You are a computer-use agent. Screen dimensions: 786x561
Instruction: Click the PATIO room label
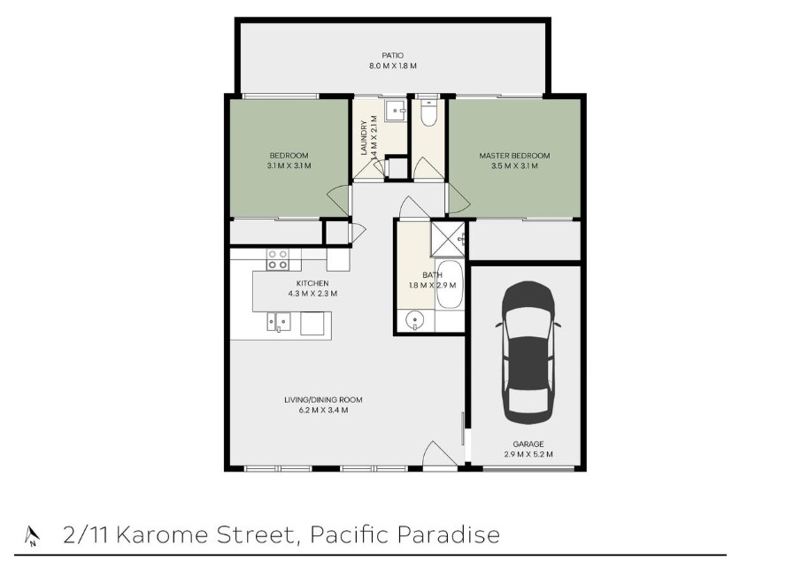392,55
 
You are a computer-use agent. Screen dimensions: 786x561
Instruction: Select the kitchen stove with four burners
277,259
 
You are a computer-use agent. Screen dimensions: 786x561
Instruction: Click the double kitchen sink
278,322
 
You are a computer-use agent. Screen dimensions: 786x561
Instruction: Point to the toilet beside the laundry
428,112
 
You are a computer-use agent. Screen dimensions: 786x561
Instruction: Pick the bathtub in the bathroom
449,283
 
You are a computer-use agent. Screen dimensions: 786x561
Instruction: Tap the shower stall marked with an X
447,239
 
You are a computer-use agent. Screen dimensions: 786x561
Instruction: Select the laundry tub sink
396,111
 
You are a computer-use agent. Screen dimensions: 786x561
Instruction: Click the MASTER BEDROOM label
514,156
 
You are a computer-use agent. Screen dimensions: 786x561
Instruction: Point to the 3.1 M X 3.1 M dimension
289,165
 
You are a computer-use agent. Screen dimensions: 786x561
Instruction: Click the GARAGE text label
528,443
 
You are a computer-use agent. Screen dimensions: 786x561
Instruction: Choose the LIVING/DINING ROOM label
323,400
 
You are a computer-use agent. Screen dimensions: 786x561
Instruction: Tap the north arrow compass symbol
32,535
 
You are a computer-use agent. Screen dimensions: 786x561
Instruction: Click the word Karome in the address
161,534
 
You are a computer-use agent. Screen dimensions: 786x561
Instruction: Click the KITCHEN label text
312,283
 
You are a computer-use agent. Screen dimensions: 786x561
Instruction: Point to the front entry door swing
439,454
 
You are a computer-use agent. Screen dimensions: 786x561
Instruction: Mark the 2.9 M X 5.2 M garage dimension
528,454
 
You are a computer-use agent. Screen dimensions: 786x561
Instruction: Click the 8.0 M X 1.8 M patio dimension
393,65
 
